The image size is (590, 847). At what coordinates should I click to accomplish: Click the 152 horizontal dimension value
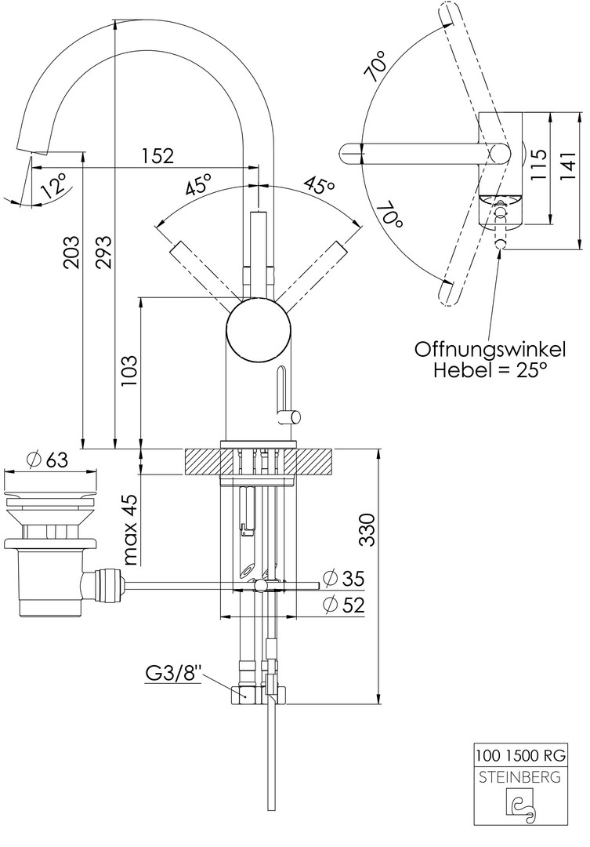[x=157, y=155]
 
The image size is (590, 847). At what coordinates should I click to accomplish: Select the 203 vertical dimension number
[x=71, y=253]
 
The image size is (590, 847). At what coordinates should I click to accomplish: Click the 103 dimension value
[x=129, y=370]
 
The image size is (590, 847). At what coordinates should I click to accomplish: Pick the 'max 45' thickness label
[x=129, y=529]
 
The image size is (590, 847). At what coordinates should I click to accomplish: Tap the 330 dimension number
[x=367, y=529]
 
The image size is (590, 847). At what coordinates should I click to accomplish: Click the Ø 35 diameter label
[x=343, y=579]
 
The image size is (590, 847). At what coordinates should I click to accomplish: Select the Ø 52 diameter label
[x=343, y=605]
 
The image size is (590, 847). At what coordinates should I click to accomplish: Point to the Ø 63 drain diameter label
[x=48, y=460]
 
